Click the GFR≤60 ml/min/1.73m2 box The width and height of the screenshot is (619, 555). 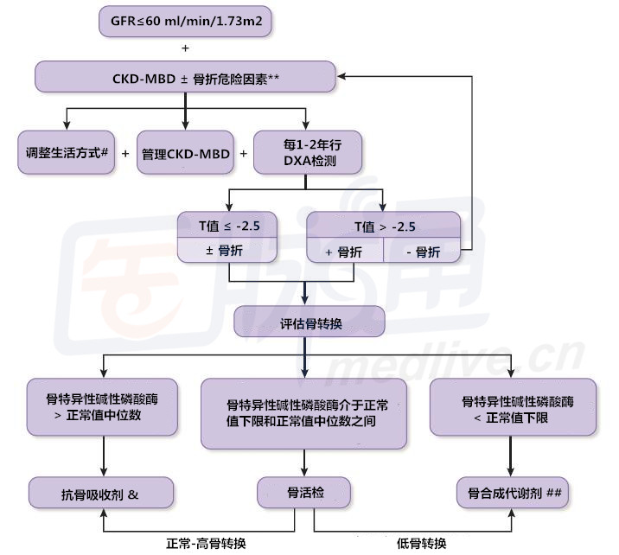185,20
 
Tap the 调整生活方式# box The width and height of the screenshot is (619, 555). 67,153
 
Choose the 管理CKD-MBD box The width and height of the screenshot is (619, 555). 184,153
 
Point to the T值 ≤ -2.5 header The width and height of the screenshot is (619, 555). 229,226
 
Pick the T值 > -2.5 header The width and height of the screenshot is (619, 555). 384,226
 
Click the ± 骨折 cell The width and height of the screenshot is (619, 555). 229,252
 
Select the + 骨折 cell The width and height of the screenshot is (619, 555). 343,252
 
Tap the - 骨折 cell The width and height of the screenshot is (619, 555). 422,252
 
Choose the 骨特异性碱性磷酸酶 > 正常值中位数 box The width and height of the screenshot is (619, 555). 103,411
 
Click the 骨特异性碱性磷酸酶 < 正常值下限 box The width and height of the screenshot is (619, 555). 513,410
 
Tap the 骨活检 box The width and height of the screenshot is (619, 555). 303,494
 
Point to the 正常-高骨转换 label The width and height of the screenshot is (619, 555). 207,542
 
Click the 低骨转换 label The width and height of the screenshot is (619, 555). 422,542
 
